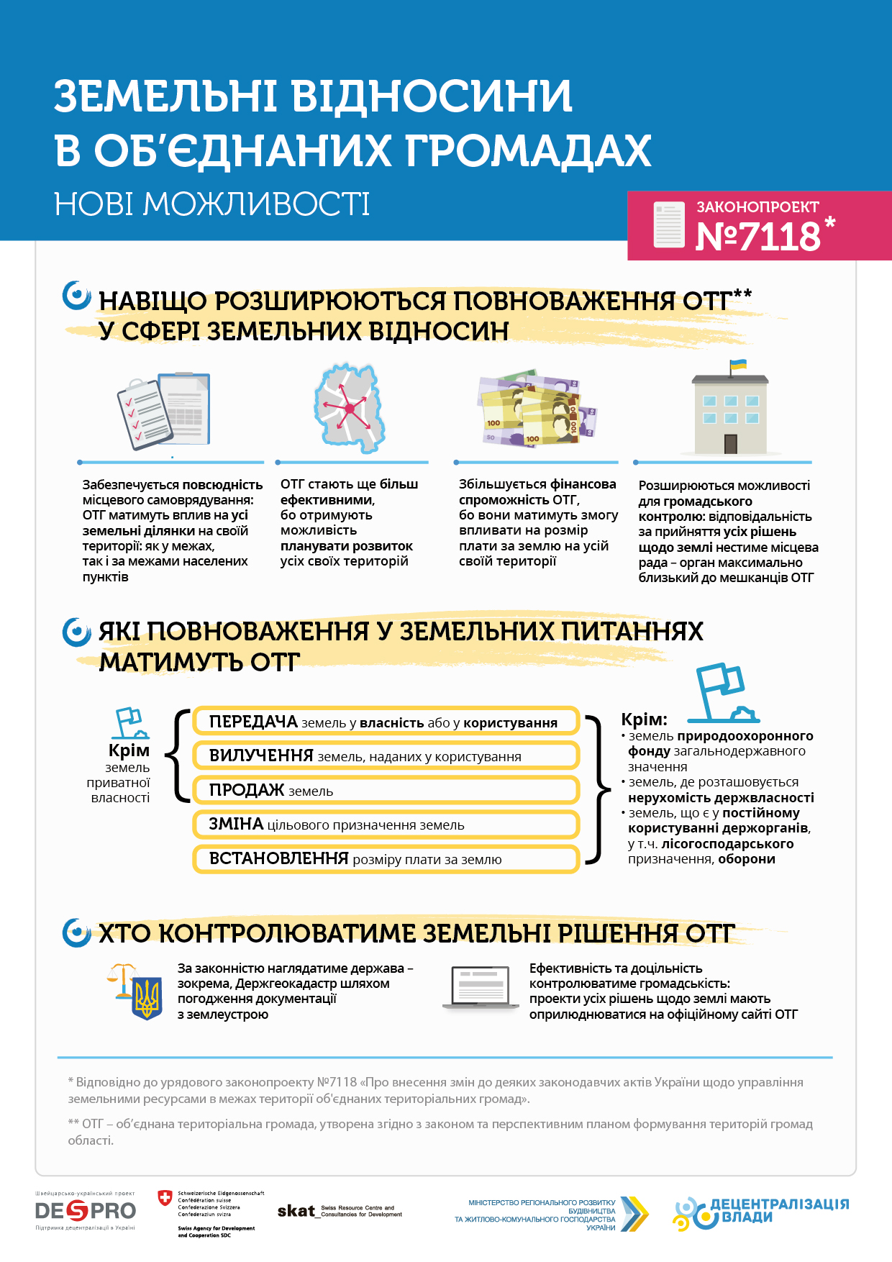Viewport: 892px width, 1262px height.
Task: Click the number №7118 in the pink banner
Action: [757, 236]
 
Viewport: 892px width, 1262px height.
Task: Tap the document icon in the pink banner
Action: [668, 225]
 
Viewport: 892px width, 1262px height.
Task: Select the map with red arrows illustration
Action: [349, 408]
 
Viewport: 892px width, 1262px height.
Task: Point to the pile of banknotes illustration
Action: [536, 409]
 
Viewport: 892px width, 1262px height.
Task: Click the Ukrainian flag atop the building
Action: [738, 365]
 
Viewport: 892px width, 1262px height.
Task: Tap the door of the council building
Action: [731, 443]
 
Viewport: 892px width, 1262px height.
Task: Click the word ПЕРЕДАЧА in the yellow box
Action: [253, 722]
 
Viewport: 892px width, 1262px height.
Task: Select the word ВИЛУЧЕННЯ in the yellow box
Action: [261, 755]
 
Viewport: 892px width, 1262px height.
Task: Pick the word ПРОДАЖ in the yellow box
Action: [247, 790]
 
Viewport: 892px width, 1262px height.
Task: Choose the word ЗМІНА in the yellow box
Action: [236, 824]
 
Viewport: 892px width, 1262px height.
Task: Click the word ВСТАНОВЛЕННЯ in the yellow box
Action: [278, 858]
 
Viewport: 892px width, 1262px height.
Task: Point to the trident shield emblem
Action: [147, 998]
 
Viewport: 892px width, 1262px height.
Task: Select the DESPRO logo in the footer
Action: [86, 1211]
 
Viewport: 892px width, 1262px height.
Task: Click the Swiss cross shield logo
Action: [165, 1197]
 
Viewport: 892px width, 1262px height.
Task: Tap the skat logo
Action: [296, 1211]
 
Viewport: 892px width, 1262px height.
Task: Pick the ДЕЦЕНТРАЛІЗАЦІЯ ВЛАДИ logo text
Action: [779, 1210]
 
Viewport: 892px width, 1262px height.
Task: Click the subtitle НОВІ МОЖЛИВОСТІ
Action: [212, 204]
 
